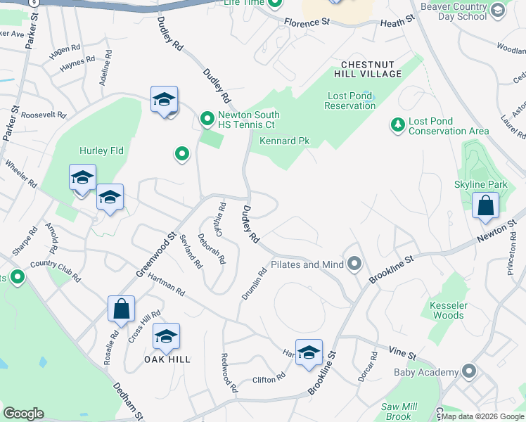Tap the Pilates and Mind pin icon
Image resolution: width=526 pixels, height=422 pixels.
click(x=354, y=264)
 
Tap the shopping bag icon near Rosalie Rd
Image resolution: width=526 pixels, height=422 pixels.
click(x=121, y=308)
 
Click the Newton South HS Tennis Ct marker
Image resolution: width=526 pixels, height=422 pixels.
click(x=207, y=120)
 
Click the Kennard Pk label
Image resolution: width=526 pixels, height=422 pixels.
click(x=284, y=141)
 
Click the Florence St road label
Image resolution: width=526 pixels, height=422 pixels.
click(x=307, y=23)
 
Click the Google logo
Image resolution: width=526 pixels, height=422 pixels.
click(x=23, y=414)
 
